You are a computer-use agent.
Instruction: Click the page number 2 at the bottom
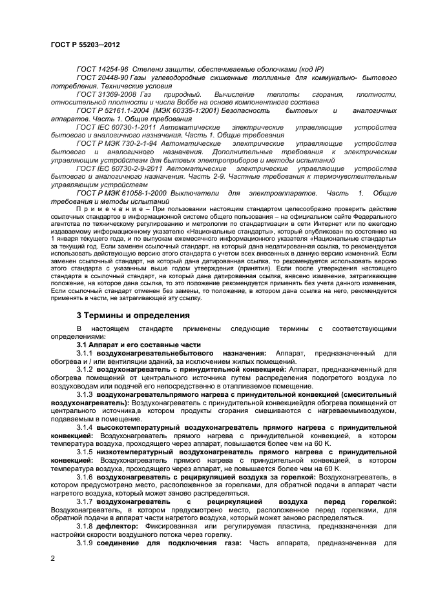click(x=52, y=556)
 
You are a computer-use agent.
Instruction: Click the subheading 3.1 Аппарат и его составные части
click(x=134, y=345)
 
